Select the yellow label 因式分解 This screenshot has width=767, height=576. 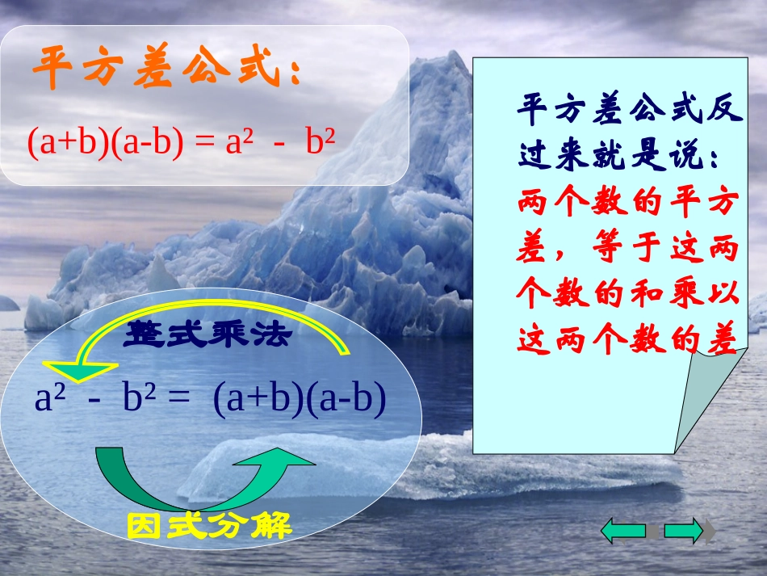click(208, 526)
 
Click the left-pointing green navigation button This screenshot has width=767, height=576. click(622, 530)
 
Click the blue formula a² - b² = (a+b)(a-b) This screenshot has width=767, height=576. click(210, 400)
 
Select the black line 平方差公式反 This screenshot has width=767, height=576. click(628, 108)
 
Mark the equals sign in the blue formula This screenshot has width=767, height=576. click(180, 400)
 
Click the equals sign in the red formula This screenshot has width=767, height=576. click(207, 143)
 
